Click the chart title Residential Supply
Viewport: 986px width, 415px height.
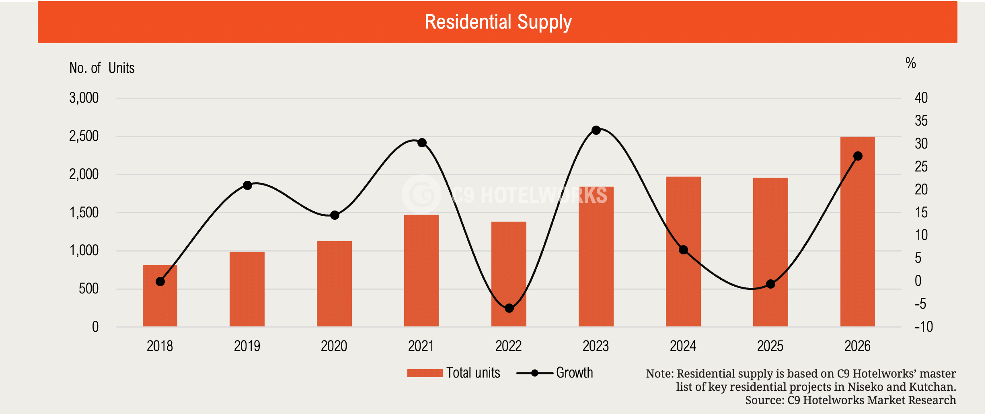pos(498,22)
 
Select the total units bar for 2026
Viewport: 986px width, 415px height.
pos(857,231)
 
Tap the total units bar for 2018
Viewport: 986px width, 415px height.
pos(160,296)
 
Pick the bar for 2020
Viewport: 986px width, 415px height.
pos(334,284)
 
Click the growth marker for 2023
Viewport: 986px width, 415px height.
pos(596,130)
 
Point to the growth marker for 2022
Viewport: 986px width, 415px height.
pos(509,308)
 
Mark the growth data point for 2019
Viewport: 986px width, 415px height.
pos(247,185)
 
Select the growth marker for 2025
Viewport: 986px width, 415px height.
pos(770,284)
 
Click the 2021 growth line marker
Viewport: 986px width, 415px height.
pos(422,142)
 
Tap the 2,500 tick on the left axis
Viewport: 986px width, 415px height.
pos(84,136)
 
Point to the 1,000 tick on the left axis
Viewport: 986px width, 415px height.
pos(84,250)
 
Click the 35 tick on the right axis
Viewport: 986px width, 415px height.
pos(921,120)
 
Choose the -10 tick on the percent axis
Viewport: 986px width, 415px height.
pos(924,326)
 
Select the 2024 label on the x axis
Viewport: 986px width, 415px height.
pos(683,346)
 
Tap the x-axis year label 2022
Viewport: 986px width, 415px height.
pos(508,346)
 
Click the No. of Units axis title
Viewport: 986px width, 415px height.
pos(102,68)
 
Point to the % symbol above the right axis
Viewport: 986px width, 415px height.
pos(911,63)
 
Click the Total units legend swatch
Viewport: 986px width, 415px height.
pos(425,373)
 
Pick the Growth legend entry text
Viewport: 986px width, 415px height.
pos(575,373)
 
